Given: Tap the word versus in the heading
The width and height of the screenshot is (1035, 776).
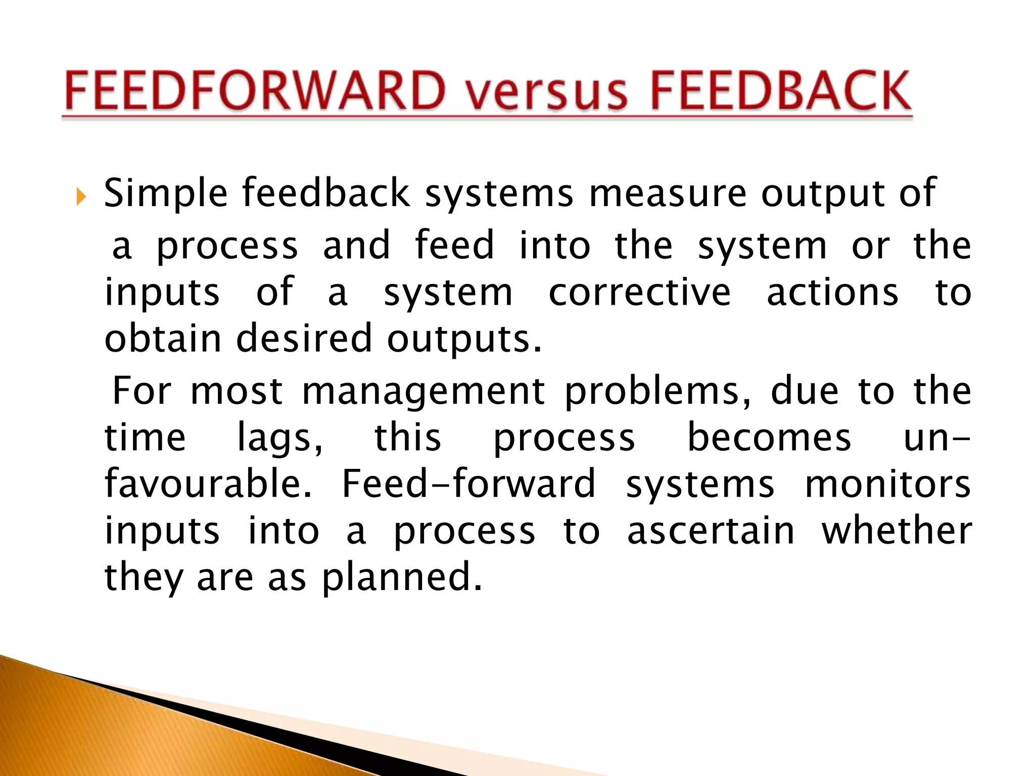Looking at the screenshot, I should click(x=547, y=93).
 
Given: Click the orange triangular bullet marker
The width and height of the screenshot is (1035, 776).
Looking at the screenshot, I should click(x=81, y=197).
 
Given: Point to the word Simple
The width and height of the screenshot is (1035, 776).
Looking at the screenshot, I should click(x=166, y=193).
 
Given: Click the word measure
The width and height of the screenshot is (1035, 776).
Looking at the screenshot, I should click(x=668, y=193).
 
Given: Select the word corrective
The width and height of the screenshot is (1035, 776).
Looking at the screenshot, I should click(x=639, y=293).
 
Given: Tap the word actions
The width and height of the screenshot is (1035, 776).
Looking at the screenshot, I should click(x=832, y=293).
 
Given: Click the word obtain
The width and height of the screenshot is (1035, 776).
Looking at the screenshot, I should click(x=163, y=338).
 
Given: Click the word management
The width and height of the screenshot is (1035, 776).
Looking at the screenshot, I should click(x=423, y=392).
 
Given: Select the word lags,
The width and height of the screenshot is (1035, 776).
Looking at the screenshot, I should click(x=280, y=439).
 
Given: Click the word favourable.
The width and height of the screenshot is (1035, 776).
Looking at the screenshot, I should click(x=208, y=484).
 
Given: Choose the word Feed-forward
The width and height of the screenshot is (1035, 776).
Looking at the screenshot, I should click(x=468, y=484).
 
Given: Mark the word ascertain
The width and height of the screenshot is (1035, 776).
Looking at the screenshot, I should click(x=711, y=531).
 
